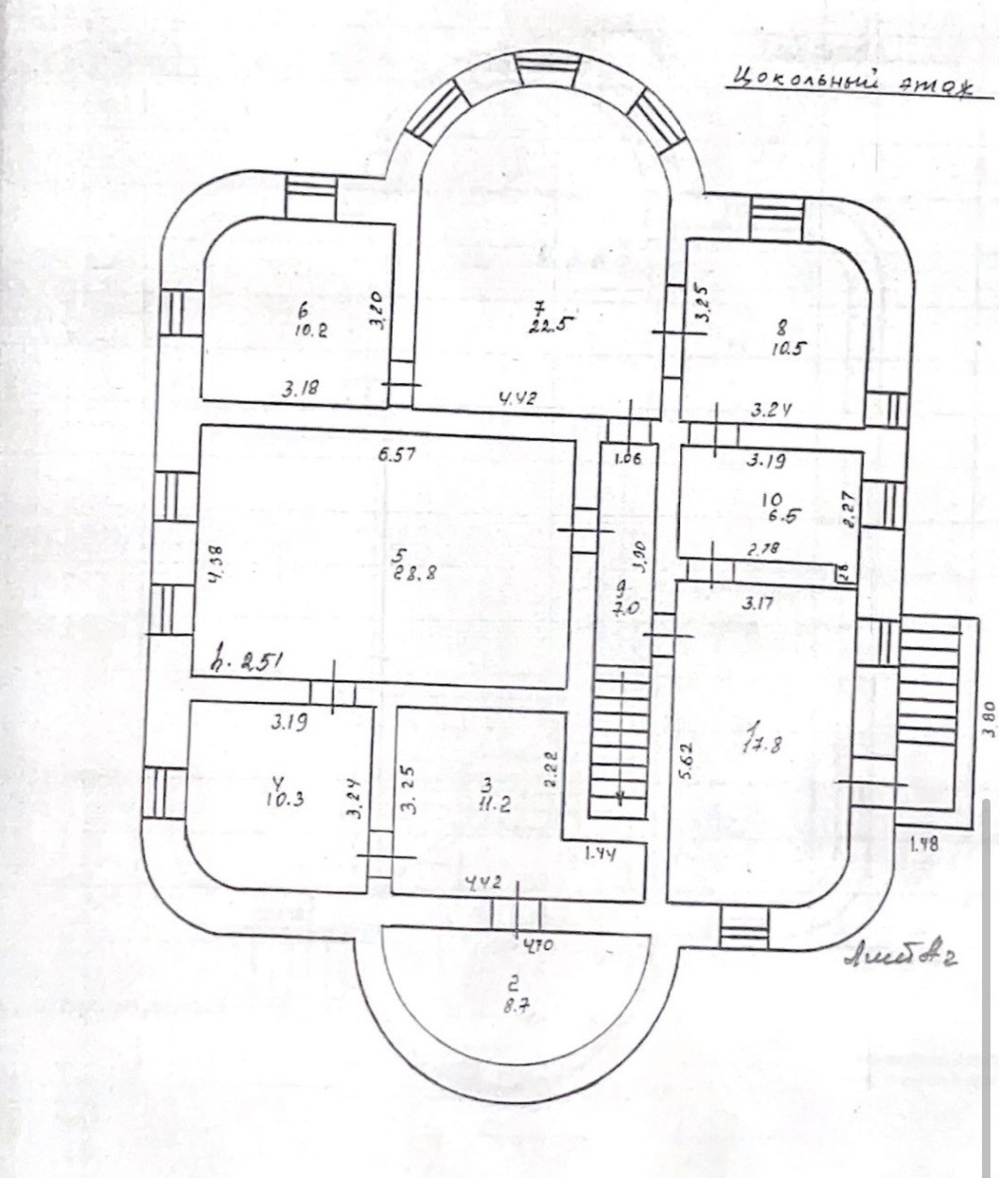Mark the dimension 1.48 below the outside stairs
[x=923, y=845]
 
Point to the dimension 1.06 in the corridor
[x=627, y=460]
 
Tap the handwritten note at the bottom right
[x=900, y=958]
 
